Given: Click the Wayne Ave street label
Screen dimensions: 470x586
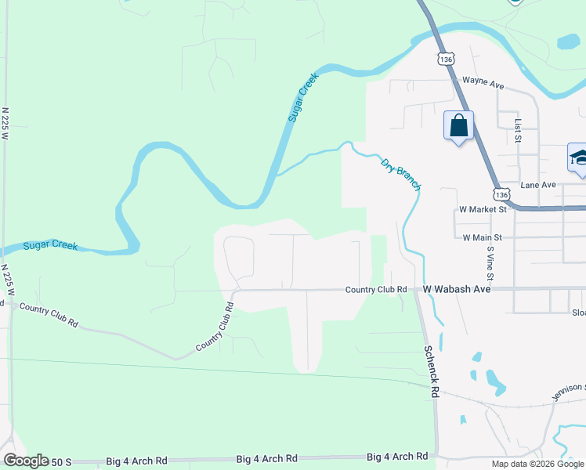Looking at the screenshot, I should point(483,80).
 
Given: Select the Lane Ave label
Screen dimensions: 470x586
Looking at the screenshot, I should point(537,185).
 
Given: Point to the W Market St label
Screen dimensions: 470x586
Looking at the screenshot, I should point(483,209).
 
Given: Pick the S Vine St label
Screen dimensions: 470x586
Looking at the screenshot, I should point(490,263).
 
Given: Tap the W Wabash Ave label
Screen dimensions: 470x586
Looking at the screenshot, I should point(457,289).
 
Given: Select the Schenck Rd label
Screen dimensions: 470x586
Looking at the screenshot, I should point(432,370).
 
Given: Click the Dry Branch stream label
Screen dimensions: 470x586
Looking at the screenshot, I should point(400,175).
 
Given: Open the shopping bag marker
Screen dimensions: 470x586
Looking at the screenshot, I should point(458,125).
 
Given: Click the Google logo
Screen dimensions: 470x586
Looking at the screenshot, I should point(26,461).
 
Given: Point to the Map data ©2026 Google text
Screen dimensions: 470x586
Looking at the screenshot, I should point(538,464).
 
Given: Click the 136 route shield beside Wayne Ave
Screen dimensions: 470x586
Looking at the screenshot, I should point(445,60).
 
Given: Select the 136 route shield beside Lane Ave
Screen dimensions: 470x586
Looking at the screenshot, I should point(501,193).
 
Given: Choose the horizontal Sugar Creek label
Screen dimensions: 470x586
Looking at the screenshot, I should point(50,246).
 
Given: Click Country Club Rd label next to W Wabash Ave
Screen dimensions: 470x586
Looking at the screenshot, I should point(377,289).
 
